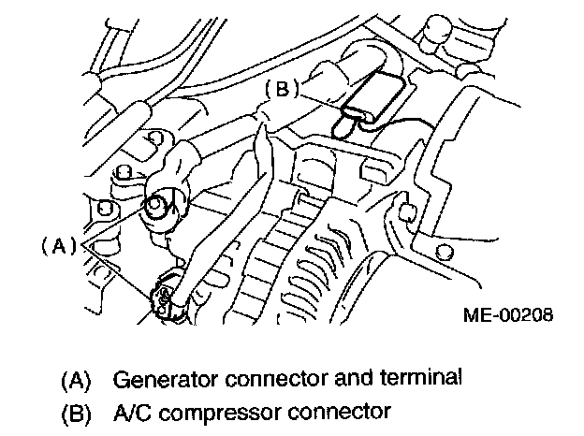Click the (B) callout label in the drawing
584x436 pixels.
[x=282, y=90]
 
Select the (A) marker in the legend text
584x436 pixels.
[x=78, y=380]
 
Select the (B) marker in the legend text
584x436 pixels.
[x=78, y=410]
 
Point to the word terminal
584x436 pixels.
[x=429, y=380]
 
